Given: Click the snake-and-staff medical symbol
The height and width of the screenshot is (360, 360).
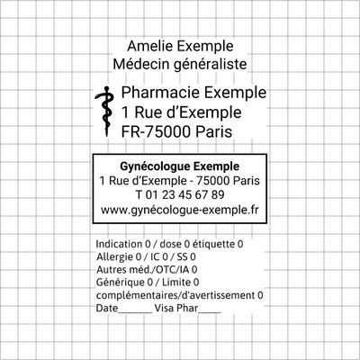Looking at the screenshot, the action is pyautogui.click(x=104, y=112).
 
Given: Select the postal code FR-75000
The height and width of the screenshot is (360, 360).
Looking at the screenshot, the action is pyautogui.click(x=156, y=131).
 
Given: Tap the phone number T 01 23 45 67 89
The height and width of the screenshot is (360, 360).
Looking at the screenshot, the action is pyautogui.click(x=180, y=195).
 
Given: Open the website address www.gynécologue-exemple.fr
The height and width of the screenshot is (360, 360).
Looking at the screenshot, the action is pyautogui.click(x=179, y=210).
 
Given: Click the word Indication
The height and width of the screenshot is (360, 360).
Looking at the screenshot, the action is pyautogui.click(x=119, y=244).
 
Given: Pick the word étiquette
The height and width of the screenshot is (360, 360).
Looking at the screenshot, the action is pyautogui.click(x=213, y=244).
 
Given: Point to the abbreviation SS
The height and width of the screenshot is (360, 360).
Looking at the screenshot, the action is pyautogui.click(x=182, y=257).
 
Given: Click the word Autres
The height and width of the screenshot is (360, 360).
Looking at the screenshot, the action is pyautogui.click(x=110, y=270).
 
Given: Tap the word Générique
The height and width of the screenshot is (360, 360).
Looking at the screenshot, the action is pyautogui.click(x=120, y=283).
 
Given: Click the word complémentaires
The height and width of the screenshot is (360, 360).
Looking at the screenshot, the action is pyautogui.click(x=137, y=296).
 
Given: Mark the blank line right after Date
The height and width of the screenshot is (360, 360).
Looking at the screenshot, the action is pyautogui.click(x=135, y=312).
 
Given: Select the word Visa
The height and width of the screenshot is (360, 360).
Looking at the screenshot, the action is pyautogui.click(x=164, y=308).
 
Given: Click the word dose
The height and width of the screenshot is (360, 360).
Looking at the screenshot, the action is pyautogui.click(x=170, y=244).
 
